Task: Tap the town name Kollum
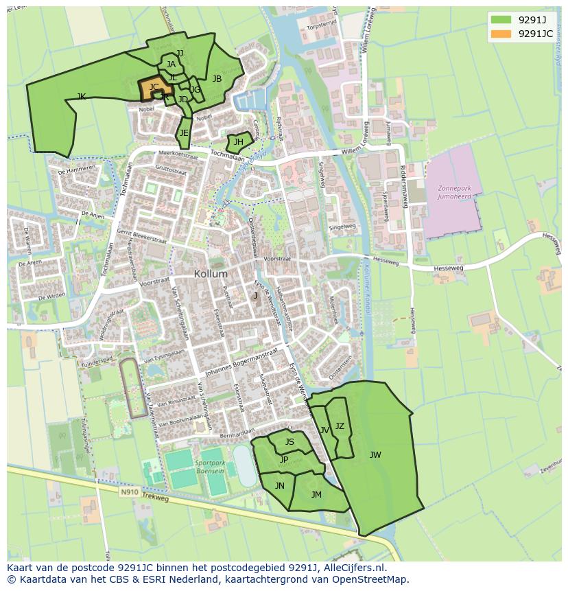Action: (211, 273)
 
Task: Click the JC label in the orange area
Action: (154, 87)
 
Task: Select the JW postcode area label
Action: (375, 454)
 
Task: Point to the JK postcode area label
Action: (82, 97)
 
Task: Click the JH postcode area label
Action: (239, 142)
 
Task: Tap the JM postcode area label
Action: (316, 494)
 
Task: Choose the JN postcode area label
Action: (280, 485)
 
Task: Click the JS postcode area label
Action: (289, 442)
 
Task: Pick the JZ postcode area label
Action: (340, 426)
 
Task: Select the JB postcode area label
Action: (217, 79)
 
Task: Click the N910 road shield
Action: (129, 491)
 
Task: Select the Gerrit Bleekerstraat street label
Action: (141, 237)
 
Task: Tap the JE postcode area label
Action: (184, 133)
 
